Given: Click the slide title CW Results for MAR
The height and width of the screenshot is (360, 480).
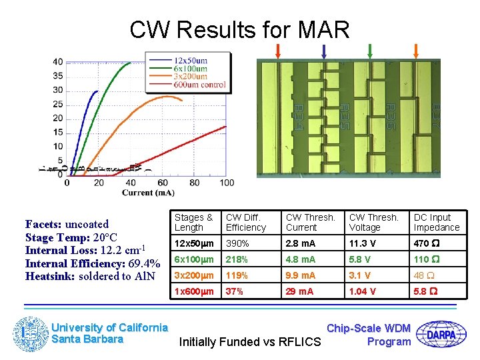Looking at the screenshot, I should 239,30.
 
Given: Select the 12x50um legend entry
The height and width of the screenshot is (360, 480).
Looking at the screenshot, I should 189,61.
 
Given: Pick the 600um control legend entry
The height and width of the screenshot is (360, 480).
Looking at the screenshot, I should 199,85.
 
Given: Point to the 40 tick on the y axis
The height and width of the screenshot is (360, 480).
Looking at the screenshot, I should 58,62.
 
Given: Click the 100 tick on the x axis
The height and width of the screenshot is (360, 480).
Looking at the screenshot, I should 227,183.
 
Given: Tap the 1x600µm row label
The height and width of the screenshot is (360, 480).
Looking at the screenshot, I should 194,291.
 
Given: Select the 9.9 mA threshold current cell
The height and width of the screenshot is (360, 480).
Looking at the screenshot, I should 301,275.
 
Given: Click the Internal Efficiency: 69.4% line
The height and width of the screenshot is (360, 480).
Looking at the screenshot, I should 92,263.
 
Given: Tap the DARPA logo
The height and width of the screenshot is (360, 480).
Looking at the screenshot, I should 446,334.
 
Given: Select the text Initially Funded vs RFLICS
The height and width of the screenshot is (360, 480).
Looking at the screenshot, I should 250,342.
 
